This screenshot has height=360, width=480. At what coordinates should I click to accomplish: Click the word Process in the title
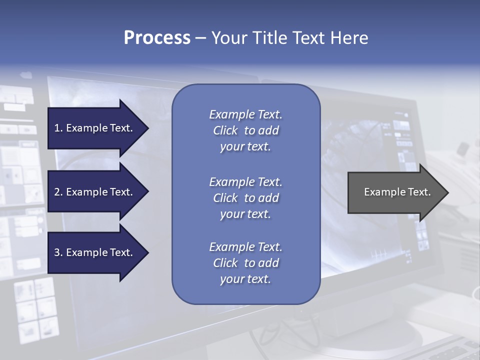coord(157,38)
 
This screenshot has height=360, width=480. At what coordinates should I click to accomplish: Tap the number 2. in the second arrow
coord(58,192)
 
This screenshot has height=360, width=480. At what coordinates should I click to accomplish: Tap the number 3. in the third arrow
coord(58,252)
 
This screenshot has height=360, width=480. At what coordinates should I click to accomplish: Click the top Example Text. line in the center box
coord(245,114)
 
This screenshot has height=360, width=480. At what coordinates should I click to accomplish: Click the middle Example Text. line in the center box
coord(245,182)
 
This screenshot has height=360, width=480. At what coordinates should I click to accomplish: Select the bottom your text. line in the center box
coord(245,279)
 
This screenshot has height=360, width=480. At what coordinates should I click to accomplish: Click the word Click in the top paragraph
coord(225,130)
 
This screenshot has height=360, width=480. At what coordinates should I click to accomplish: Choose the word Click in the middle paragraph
coord(225,198)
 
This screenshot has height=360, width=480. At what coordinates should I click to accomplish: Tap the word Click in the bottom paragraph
coord(225,263)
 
